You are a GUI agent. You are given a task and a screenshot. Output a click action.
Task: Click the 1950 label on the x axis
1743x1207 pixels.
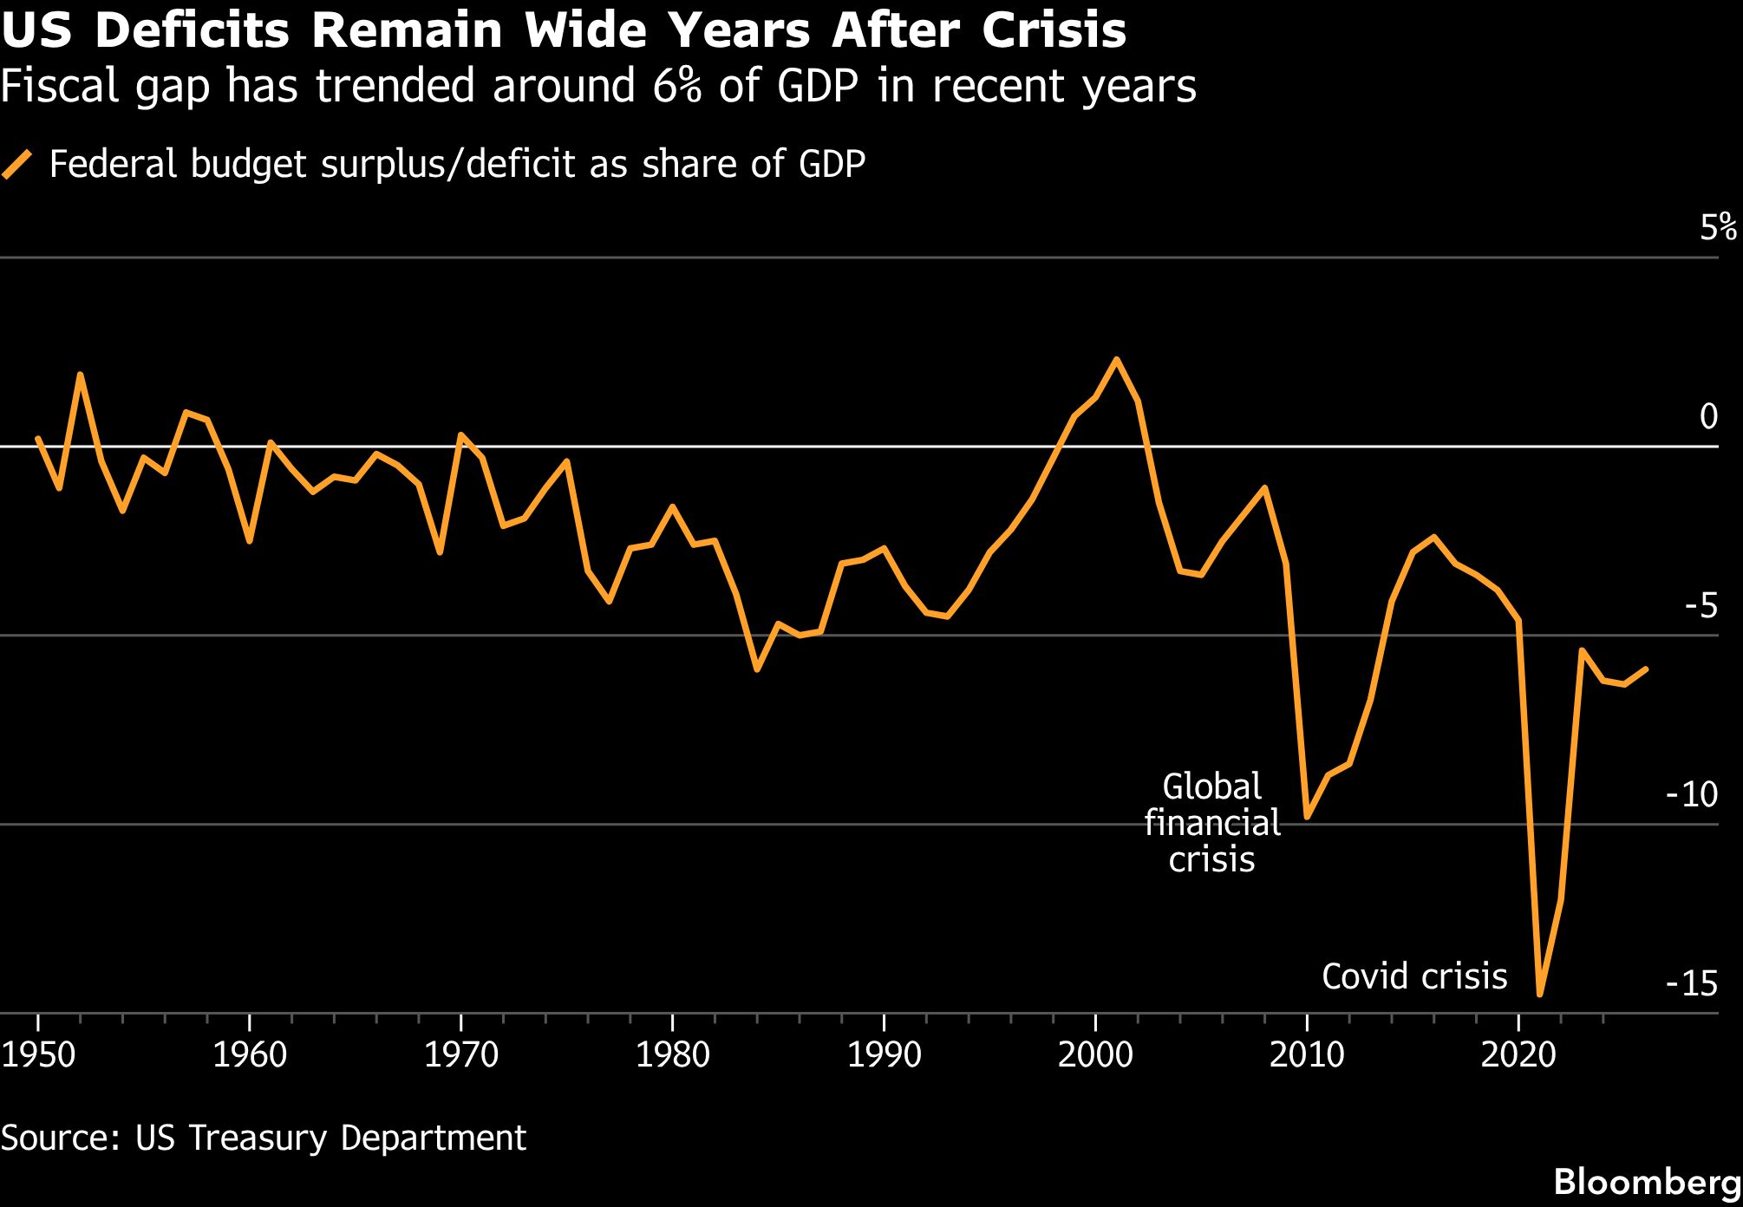point(38,1055)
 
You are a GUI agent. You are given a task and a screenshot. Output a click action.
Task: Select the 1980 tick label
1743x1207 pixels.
point(673,1055)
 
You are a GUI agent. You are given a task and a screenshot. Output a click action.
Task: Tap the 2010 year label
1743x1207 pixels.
point(1307,1055)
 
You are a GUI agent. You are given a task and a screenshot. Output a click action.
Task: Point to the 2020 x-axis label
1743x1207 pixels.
point(1518,1055)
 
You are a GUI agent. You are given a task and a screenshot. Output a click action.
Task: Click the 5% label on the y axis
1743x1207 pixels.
point(1718,227)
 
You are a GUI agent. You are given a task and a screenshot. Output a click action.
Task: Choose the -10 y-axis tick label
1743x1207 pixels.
point(1691,793)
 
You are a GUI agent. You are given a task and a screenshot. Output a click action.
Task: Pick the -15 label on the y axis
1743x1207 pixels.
point(1691,982)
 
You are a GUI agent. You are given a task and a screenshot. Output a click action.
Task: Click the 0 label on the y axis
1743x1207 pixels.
point(1708,416)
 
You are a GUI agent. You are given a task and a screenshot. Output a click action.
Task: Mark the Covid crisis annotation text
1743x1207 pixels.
point(1414,976)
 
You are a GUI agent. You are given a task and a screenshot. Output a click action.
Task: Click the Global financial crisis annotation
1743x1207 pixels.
point(1211,823)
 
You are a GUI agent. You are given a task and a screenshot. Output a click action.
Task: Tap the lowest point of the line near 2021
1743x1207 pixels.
point(1540,994)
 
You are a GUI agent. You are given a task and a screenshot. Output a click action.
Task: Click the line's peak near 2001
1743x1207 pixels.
point(1116,359)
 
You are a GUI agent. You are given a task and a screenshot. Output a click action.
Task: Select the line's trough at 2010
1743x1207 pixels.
point(1307,817)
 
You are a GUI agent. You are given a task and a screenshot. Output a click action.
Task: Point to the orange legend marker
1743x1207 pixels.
point(17,164)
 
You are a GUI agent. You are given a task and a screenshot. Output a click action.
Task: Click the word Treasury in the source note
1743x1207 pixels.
point(258,1138)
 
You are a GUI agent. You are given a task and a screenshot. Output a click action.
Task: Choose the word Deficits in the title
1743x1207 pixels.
point(191,31)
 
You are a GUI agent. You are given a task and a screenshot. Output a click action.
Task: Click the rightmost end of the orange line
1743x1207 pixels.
point(1646,669)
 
